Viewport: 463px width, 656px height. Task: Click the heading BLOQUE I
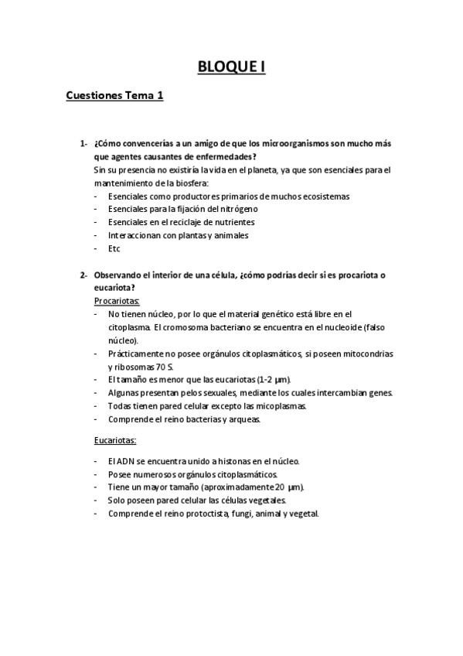231,67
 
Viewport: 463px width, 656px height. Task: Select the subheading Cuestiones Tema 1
115,97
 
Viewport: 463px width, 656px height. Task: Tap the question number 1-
83,144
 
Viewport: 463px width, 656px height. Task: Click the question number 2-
83,275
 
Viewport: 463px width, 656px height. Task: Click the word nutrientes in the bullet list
234,222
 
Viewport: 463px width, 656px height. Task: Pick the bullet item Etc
114,248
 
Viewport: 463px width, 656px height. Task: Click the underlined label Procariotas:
117,301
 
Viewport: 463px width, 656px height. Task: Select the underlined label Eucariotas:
115,441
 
